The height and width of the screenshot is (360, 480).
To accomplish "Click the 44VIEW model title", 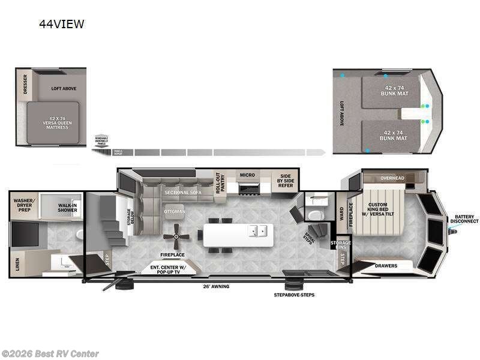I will click(61, 24).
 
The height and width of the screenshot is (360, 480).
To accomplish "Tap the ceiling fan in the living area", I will click(176, 236).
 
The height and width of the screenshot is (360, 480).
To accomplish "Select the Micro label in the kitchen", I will click(247, 175).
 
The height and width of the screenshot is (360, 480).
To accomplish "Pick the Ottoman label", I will click(175, 211).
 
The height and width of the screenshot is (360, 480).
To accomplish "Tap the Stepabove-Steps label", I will click(294, 295).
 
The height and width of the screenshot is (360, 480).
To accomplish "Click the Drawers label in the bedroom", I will click(386, 265).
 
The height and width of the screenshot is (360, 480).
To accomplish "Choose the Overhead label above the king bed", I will click(392, 178).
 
